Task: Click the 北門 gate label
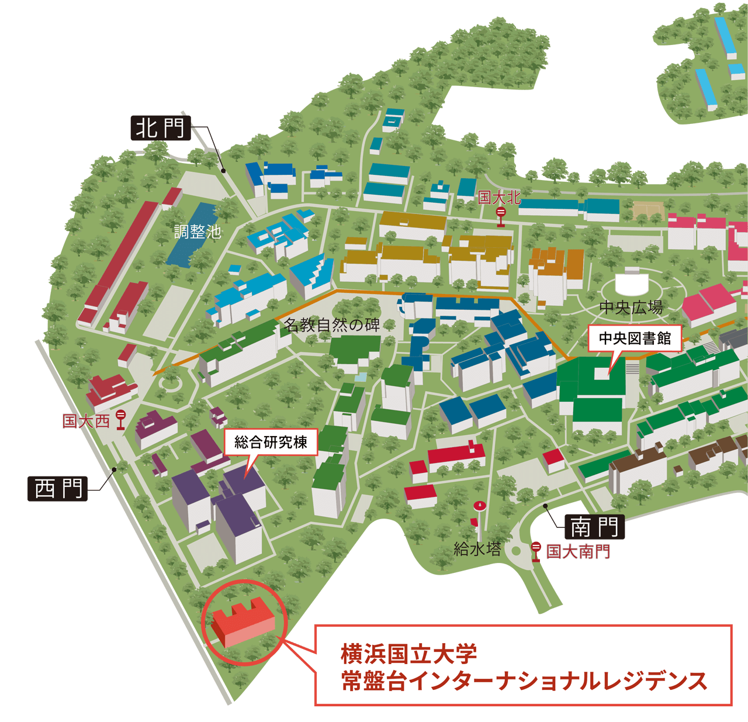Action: pos(160,127)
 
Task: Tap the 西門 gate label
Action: pos(58,488)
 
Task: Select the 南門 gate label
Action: pos(594,527)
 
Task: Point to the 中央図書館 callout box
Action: pos(635,338)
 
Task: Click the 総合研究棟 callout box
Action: pos(271,442)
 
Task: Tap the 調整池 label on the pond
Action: pos(198,232)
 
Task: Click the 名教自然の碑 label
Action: pos(331,324)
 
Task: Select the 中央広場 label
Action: pos(631,308)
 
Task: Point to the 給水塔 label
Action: pos(477,549)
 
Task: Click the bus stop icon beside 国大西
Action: pos(121,419)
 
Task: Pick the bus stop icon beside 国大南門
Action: pos(536,551)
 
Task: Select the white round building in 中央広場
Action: pos(632,282)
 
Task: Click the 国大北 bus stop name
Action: pos(499,198)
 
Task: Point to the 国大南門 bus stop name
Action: pos(578,551)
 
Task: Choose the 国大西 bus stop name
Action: pos(86,421)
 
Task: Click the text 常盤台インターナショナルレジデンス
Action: pos(524,681)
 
